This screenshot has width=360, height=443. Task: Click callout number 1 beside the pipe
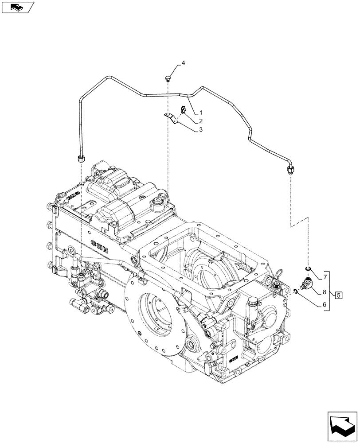tap(201, 112)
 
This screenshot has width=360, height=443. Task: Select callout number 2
tap(201, 121)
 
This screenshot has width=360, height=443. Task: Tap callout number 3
tap(201, 130)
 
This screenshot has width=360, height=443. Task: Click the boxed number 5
tap(338, 295)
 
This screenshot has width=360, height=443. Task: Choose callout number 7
tap(325, 277)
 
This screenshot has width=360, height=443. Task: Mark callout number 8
tap(325, 292)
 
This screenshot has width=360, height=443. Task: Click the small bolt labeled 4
tap(168, 79)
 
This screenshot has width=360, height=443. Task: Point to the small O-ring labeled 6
tap(295, 291)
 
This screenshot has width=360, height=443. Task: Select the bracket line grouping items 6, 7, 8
tap(329, 290)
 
